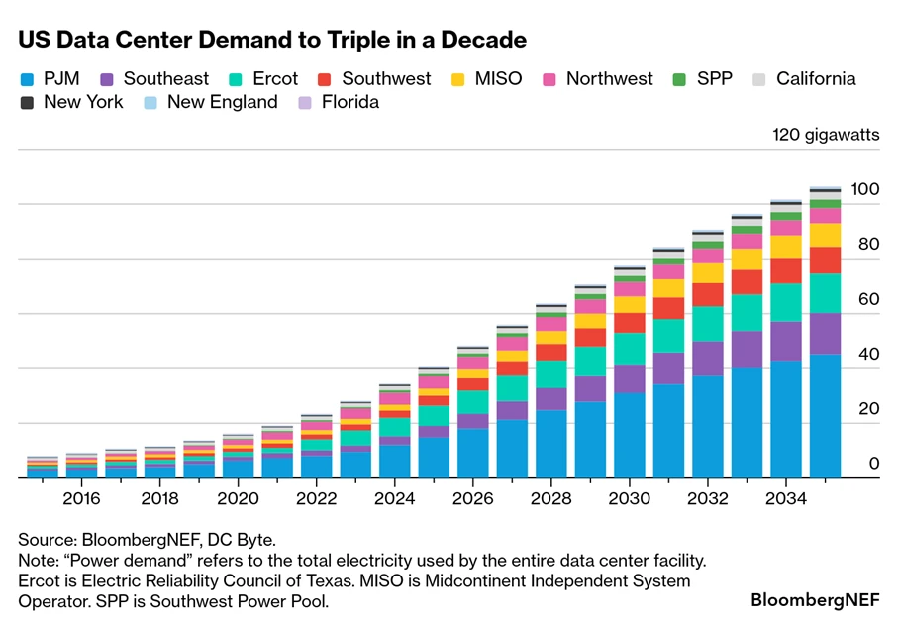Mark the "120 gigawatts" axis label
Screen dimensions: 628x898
coord(825,136)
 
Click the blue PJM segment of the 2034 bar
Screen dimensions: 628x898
coord(786,421)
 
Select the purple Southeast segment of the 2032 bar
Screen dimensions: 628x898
coord(708,359)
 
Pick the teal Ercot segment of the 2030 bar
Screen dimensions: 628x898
coord(630,349)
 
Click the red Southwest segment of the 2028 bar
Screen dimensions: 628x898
coord(551,352)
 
